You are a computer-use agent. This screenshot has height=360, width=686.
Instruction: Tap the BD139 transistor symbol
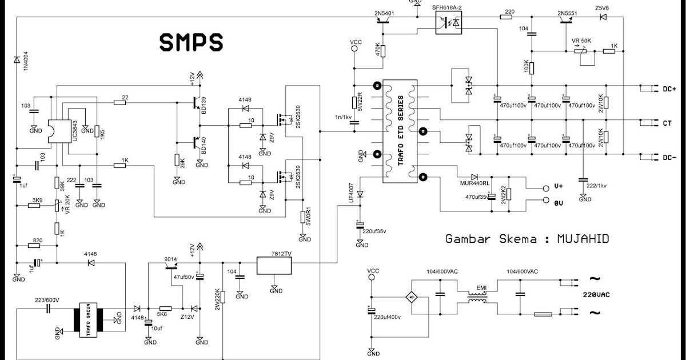coord(197,103)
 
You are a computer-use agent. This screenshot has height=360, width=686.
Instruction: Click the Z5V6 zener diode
coord(601,17)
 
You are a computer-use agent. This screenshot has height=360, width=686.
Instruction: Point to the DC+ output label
coord(669,89)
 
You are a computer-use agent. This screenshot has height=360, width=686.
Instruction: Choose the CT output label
coord(667,123)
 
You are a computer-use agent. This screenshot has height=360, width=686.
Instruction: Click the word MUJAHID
coord(583,239)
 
